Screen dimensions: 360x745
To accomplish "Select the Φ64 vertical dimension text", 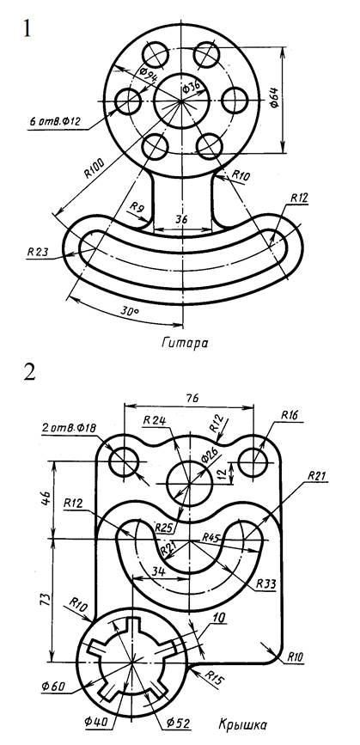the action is pyautogui.click(x=275, y=100).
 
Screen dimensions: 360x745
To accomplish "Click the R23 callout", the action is pyautogui.click(x=38, y=251).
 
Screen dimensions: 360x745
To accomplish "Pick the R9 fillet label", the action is pyautogui.click(x=137, y=207).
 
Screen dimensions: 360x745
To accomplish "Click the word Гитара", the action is pyautogui.click(x=184, y=343).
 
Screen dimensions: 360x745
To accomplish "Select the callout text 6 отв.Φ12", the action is pyautogui.click(x=55, y=122).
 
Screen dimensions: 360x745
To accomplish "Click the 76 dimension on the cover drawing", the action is pyautogui.click(x=189, y=398).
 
